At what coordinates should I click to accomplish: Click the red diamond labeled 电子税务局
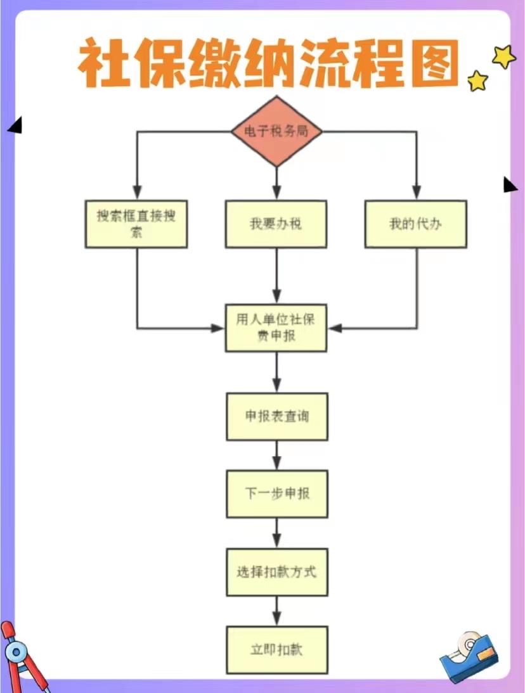276,131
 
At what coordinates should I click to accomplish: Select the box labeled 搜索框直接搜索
136,224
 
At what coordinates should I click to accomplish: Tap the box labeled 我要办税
276,224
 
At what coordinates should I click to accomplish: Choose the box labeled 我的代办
415,224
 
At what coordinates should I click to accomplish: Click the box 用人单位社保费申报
276,328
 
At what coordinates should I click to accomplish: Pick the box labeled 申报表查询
277,416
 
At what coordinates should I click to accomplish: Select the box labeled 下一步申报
277,493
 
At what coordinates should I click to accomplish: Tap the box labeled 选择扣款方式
277,572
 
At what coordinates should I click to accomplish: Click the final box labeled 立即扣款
277,650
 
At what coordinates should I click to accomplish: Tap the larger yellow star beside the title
505,57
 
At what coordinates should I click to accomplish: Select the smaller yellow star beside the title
477,80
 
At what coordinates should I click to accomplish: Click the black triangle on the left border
15,126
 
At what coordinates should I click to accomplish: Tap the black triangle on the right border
510,184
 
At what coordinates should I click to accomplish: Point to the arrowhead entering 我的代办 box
415,192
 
